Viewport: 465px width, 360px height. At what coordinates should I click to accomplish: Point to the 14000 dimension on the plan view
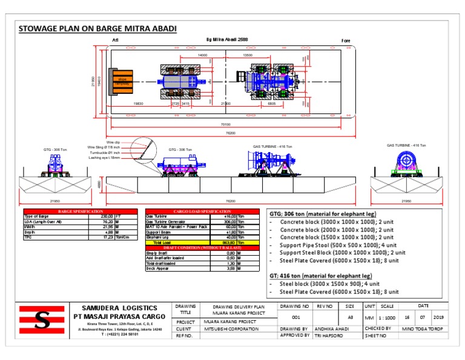click(x=202, y=55)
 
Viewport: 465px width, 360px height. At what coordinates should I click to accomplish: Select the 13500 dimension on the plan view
click(x=248, y=55)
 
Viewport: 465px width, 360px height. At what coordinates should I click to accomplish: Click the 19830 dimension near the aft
click(x=139, y=104)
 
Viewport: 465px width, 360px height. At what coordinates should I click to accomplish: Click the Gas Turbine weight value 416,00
click(x=226, y=216)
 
